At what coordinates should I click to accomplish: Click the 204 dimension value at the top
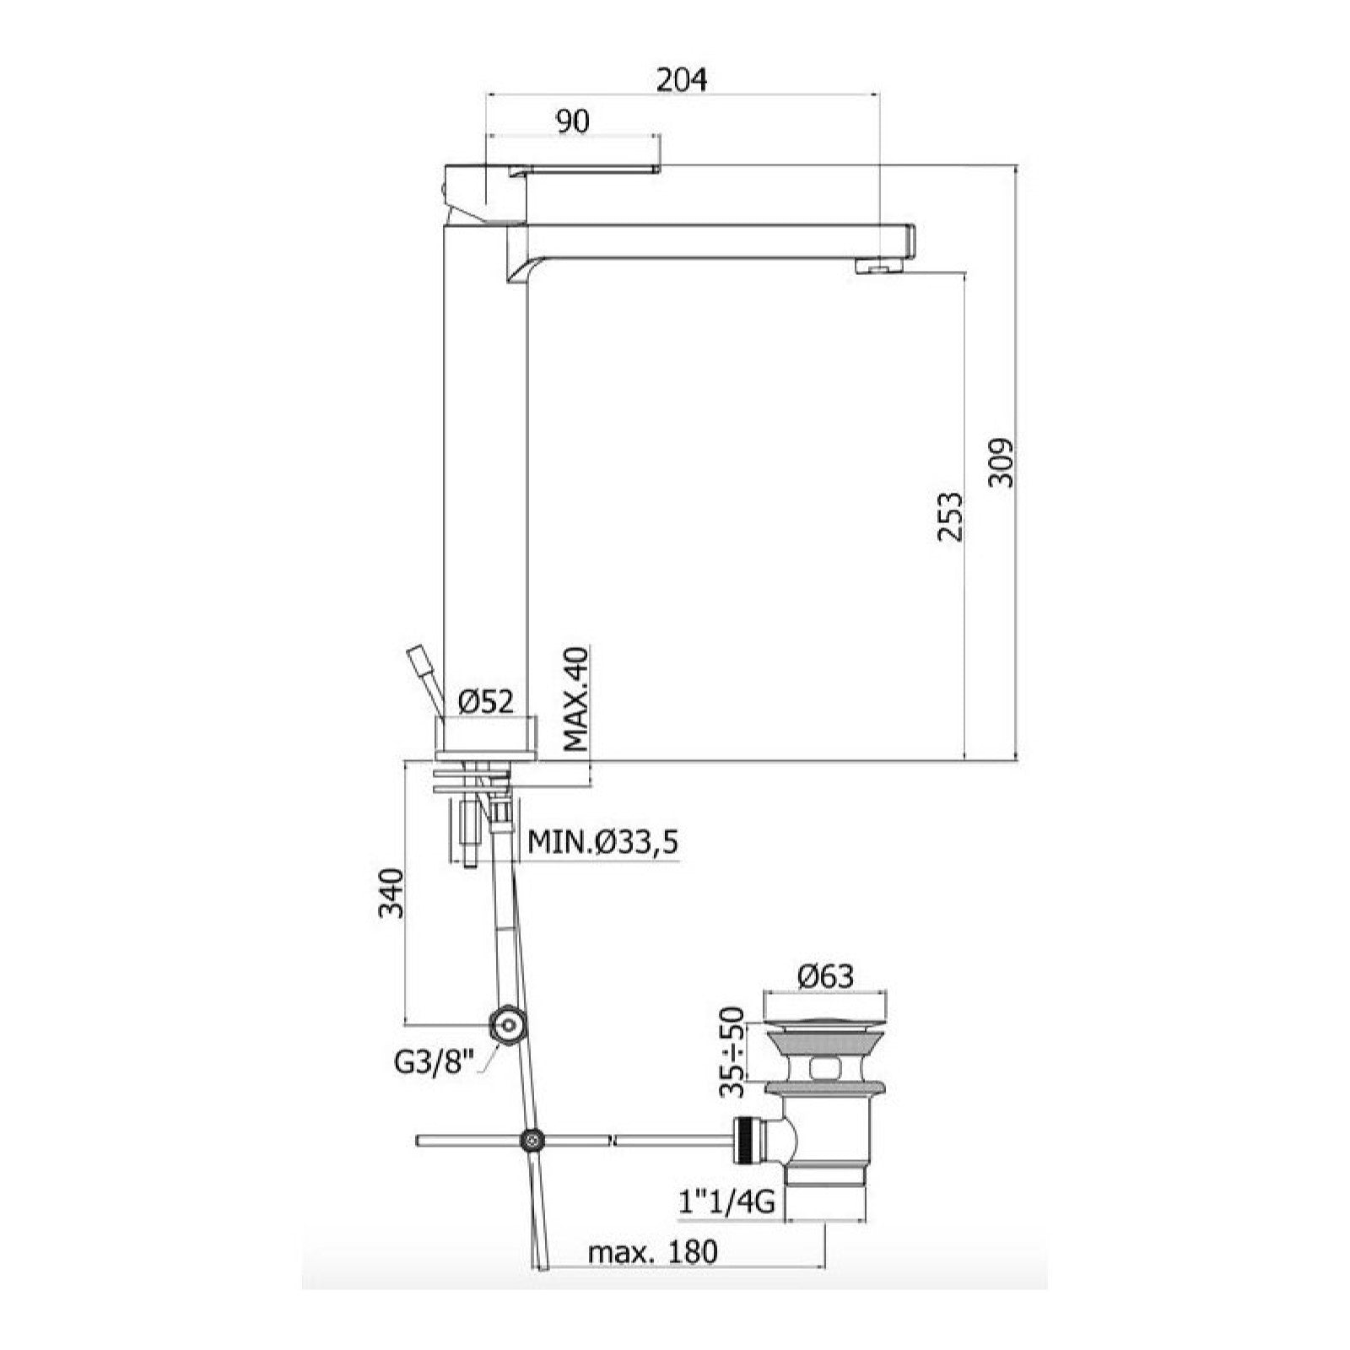[683, 79]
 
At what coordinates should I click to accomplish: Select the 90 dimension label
[572, 121]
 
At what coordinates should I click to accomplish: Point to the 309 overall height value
[1002, 462]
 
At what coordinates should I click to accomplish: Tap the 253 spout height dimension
[949, 516]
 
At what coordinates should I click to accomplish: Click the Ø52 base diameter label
[485, 702]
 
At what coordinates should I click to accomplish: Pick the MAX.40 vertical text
[575, 699]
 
